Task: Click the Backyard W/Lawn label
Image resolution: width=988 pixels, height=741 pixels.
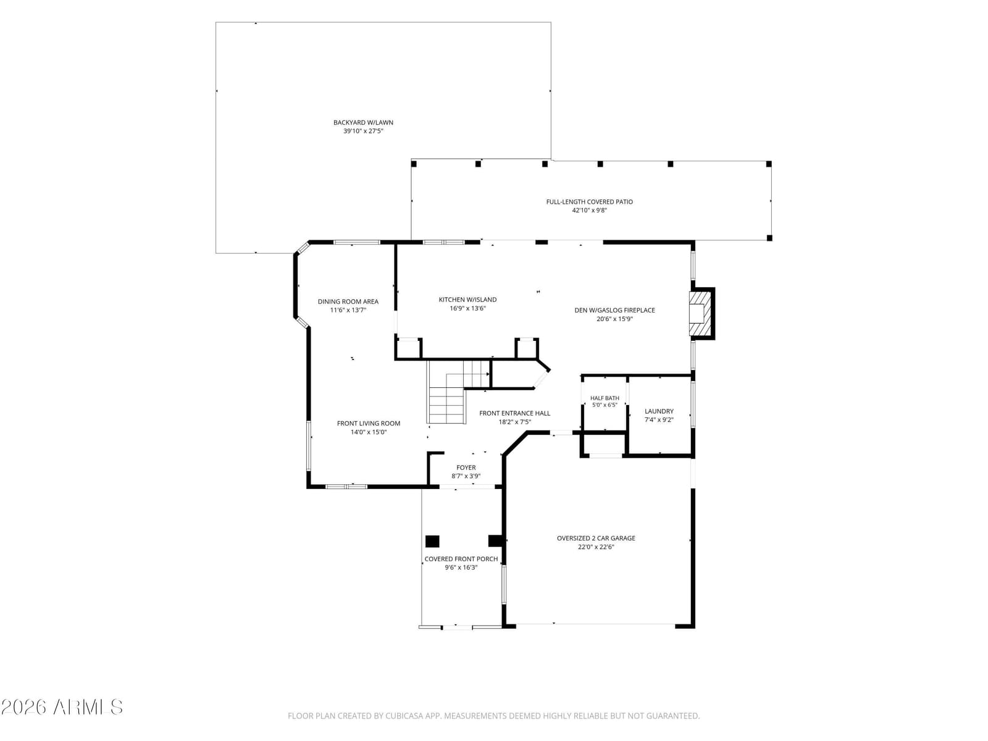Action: coord(363,122)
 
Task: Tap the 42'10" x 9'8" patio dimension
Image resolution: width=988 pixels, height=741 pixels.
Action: coord(589,210)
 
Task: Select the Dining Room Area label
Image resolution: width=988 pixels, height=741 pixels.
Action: coord(348,301)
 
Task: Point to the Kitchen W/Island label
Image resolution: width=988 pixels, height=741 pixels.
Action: coord(467,299)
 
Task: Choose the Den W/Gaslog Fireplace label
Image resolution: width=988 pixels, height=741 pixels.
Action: coord(614,310)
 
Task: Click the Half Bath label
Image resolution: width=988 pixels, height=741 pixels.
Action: coord(605,398)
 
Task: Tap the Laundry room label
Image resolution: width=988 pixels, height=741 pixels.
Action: coord(659,411)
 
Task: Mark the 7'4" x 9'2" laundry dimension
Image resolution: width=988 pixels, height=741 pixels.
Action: coord(659,420)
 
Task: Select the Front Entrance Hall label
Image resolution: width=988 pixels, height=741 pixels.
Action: coord(514,413)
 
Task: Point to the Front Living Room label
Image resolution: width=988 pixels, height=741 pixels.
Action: coord(368,424)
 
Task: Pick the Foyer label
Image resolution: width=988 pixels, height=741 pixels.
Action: coord(466,467)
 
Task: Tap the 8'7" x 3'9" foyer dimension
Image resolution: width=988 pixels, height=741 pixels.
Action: coord(466,476)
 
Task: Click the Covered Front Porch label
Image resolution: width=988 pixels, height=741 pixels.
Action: coord(461,559)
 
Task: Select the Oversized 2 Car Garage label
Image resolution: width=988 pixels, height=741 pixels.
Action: coord(596,538)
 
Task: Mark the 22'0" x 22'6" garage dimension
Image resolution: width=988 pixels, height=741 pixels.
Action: coord(596,547)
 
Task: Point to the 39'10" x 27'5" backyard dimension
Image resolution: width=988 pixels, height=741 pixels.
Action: coord(363,131)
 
